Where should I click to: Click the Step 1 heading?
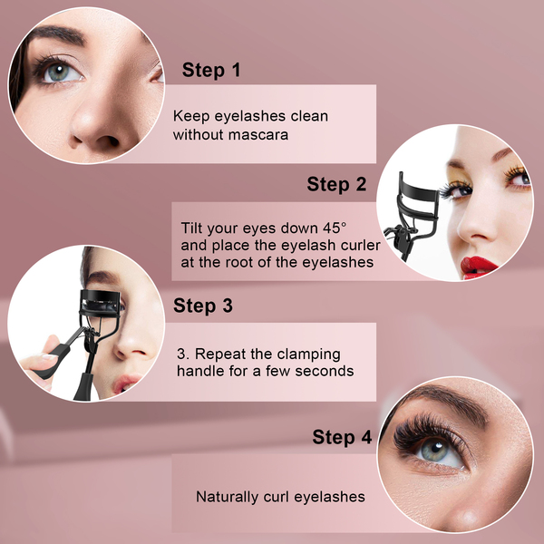click(x=211, y=70)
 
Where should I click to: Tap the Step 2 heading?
click(x=336, y=184)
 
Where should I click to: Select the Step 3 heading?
click(x=203, y=306)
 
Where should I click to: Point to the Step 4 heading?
click(x=342, y=437)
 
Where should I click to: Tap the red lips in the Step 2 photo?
click(x=479, y=267)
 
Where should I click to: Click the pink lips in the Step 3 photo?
click(x=125, y=383)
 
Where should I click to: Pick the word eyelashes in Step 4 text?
click(x=330, y=497)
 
